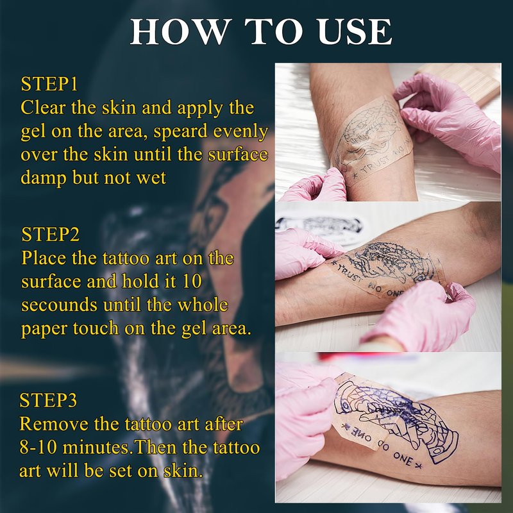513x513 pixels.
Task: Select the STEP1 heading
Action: [x=49, y=84]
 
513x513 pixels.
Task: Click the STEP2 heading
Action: [x=51, y=234]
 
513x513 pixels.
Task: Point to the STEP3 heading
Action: [x=49, y=399]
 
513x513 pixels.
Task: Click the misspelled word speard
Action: [x=181, y=132]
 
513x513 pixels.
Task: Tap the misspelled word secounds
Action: [x=59, y=305]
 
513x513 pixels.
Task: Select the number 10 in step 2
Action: [x=192, y=282]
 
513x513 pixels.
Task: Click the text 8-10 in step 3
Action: [x=38, y=447]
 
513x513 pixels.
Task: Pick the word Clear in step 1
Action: [x=43, y=108]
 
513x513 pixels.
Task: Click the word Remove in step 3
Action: [x=54, y=424]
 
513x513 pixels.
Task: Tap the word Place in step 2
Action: [x=44, y=258]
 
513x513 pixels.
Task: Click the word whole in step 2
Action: [x=202, y=305]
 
